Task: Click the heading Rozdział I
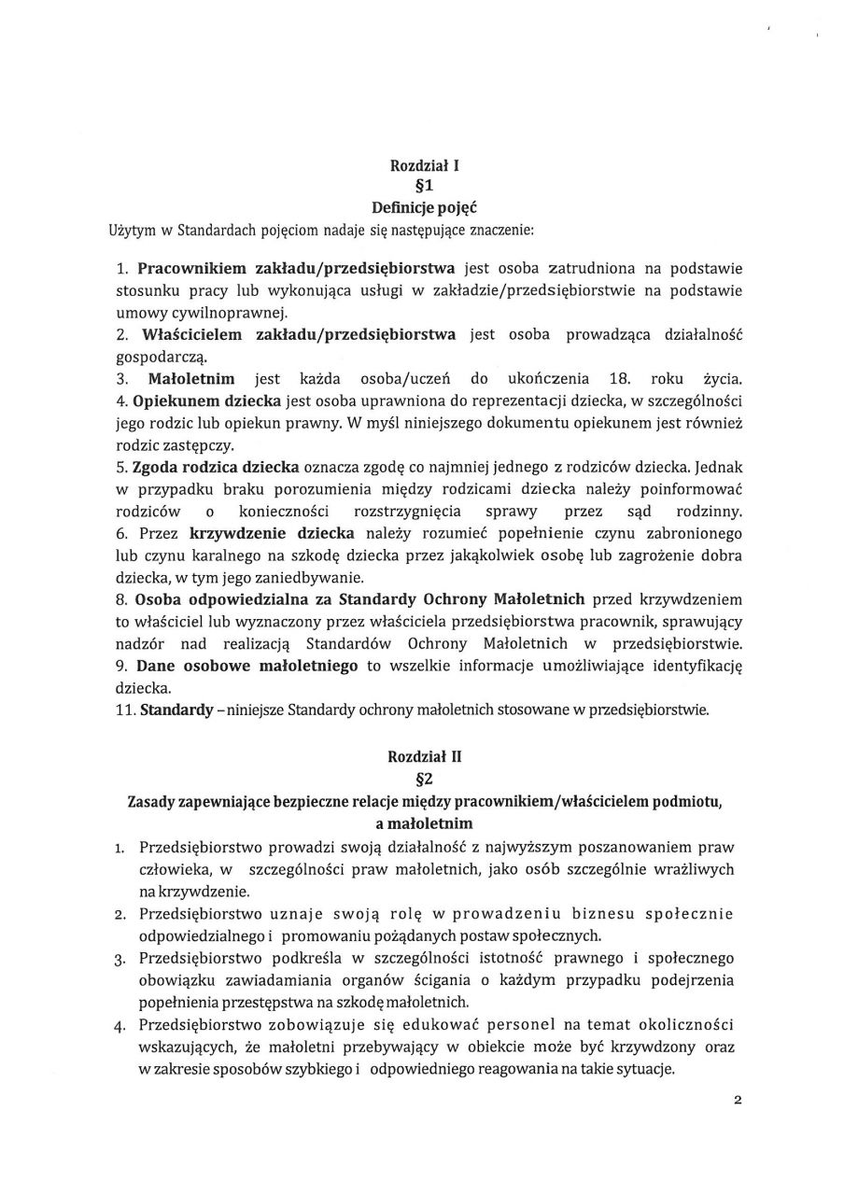[x=425, y=167]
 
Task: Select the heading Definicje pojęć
[x=425, y=206]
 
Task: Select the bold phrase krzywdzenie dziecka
[x=272, y=533]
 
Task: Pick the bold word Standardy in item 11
[x=176, y=710]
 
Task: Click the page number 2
[x=737, y=1100]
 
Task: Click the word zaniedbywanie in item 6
[x=316, y=578]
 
